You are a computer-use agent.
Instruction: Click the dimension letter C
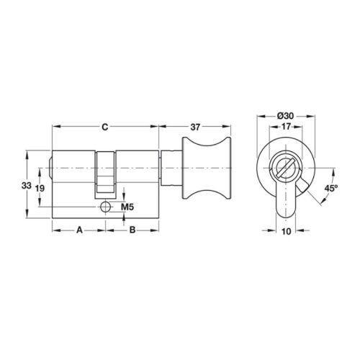tap(105, 127)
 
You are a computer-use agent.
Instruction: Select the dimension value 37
tap(195, 127)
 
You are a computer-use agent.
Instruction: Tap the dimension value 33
tap(27, 185)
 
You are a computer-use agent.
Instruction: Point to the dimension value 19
tap(40, 189)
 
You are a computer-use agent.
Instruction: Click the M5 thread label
tap(127, 207)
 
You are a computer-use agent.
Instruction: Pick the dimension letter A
tap(79, 230)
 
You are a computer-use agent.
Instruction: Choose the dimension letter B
tap(132, 230)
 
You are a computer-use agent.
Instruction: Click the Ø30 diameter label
tap(285, 116)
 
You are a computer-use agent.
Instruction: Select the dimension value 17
tap(286, 127)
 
